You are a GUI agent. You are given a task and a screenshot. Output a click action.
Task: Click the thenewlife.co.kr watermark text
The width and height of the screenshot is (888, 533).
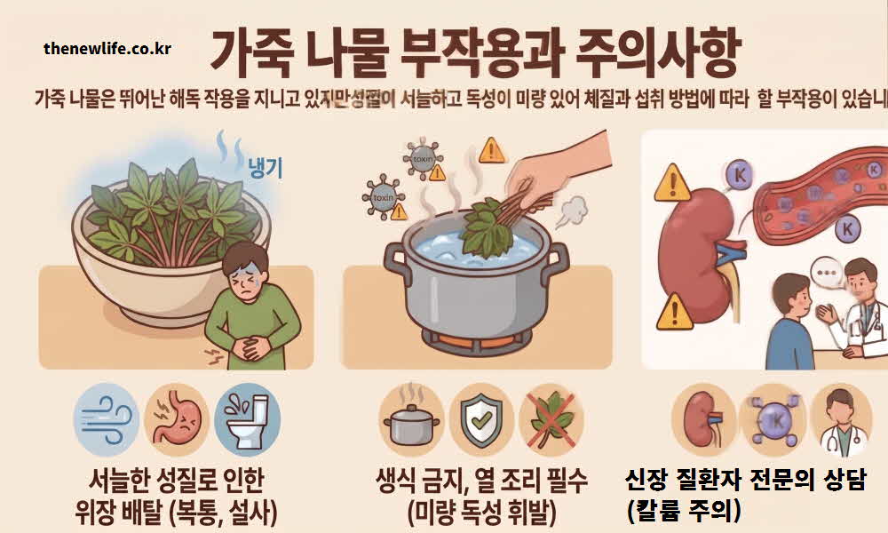(107, 48)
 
